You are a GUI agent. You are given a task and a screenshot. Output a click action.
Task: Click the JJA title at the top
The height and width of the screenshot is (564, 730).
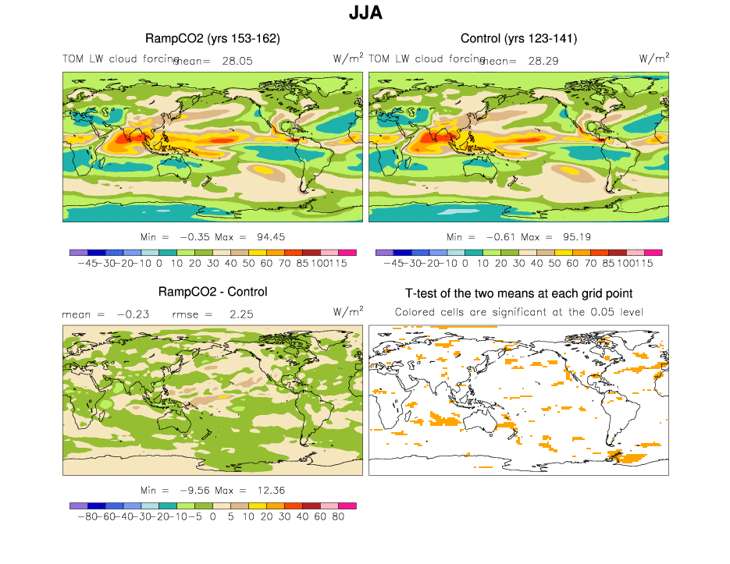365,13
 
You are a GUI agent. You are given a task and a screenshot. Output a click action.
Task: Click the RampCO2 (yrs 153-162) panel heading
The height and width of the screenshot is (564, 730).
212,38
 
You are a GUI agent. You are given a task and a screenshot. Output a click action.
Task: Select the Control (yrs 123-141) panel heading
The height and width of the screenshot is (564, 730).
518,38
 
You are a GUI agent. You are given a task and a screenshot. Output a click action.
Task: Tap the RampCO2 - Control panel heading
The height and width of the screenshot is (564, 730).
212,292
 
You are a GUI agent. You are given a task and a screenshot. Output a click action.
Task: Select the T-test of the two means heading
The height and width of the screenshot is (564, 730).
518,293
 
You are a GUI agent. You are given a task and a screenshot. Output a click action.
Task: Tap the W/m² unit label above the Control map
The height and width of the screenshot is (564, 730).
653,58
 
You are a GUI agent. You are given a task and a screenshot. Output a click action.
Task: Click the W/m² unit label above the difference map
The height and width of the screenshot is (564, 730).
347,311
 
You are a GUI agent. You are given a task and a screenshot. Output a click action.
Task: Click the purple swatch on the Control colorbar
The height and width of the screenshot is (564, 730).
384,253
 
